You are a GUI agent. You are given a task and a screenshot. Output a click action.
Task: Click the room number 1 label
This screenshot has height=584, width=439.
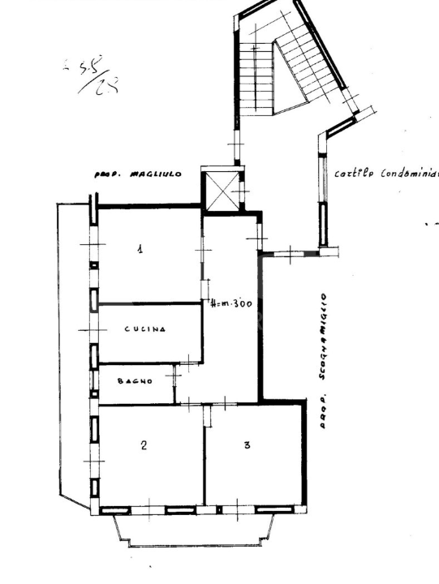click(140, 249)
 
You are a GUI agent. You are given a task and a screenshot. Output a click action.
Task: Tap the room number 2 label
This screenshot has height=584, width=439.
click(144, 444)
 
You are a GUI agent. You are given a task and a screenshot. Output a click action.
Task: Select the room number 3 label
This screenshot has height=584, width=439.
click(247, 444)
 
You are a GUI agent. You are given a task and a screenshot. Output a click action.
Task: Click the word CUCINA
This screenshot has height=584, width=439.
click(145, 329)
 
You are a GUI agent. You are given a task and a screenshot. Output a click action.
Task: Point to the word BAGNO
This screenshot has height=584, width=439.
click(134, 380)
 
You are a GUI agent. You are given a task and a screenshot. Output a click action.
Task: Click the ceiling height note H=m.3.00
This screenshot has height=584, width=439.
click(232, 304)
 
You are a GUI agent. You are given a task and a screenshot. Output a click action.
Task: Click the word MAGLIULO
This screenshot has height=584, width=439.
click(157, 174)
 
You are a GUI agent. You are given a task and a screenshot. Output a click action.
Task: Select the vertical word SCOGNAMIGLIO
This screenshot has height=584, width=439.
click(323, 336)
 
